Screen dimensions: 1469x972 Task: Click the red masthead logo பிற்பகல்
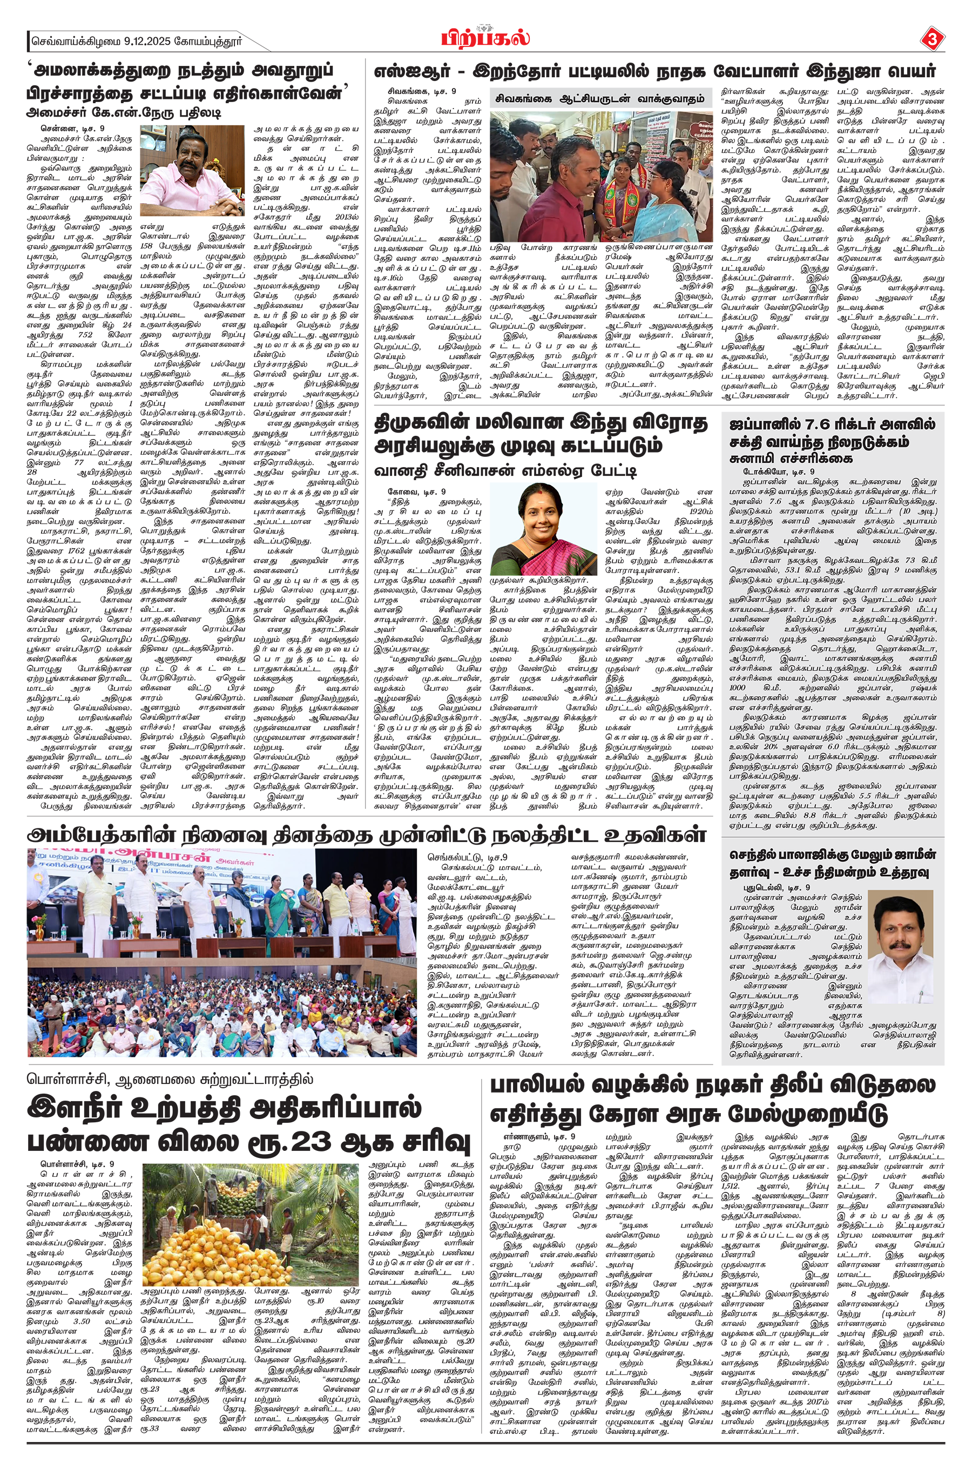(x=485, y=38)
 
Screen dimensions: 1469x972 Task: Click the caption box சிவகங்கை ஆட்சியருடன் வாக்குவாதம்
(x=600, y=98)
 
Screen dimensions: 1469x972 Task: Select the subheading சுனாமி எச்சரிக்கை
(x=791, y=458)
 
